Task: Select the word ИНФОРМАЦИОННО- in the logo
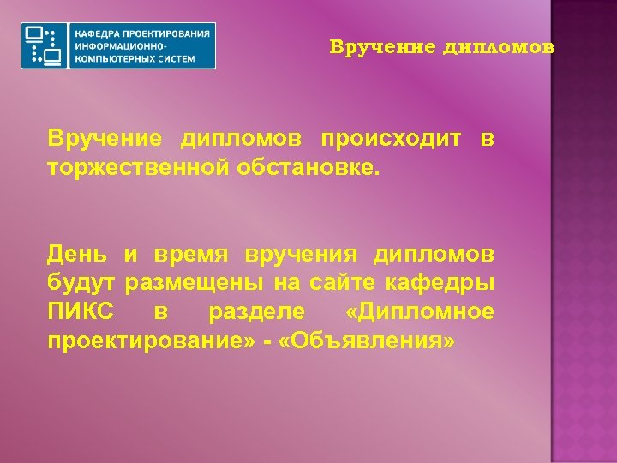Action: (x=116, y=45)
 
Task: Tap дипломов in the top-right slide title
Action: (x=500, y=47)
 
